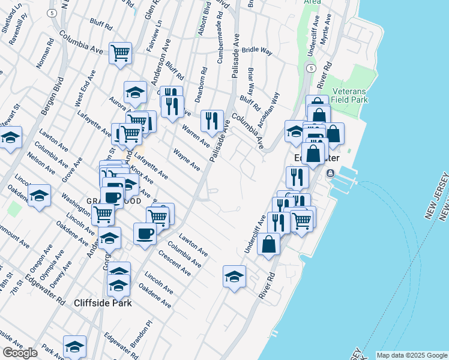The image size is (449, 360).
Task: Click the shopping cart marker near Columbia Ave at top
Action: click(121, 52)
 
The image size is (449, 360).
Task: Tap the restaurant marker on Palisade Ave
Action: click(212, 121)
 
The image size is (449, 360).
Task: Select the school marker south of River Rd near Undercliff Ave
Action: click(234, 277)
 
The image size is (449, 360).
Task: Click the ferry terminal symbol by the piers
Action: click(330, 173)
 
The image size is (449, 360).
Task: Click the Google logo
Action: click(20, 353)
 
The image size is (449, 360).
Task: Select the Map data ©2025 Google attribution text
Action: click(411, 355)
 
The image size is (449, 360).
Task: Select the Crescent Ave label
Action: click(174, 263)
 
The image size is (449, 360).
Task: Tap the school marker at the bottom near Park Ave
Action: click(74, 346)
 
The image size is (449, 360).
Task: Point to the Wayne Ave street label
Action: click(186, 160)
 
